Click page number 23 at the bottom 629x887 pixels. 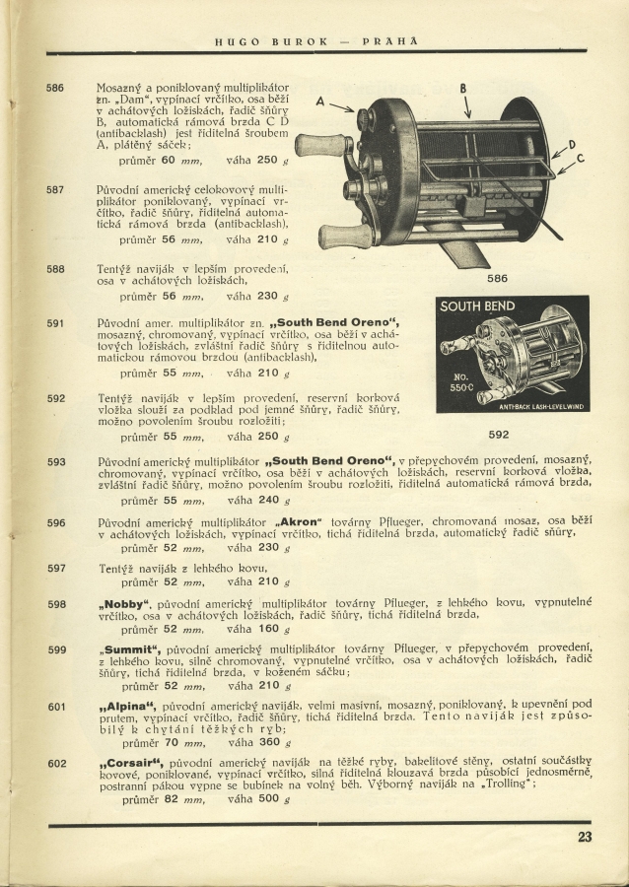click(585, 838)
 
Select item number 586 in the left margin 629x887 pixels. click(56, 89)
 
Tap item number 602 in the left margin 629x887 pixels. click(56, 764)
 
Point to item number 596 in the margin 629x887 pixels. click(56, 522)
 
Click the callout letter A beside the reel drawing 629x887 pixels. click(320, 101)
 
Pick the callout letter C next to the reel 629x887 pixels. click(580, 159)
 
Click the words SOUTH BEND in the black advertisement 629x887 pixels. click(478, 307)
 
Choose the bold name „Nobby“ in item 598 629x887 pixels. click(123, 603)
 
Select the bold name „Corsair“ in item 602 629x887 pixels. click(131, 764)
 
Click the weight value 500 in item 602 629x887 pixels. click(266, 799)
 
